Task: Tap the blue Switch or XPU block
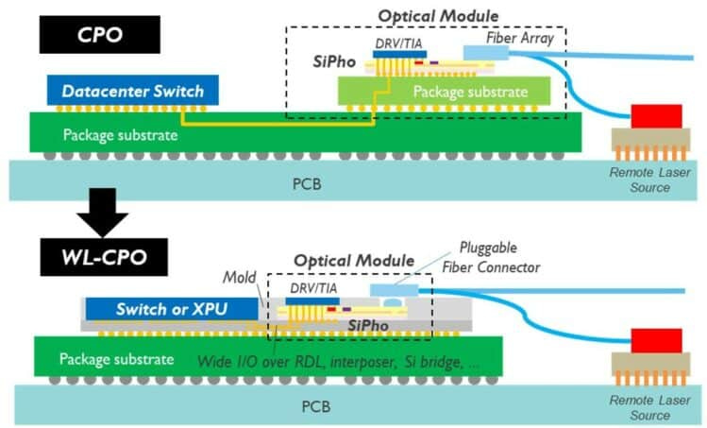click(x=171, y=309)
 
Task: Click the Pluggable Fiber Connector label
click(x=494, y=258)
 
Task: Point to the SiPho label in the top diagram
click(x=335, y=62)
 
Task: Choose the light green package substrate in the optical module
click(x=445, y=92)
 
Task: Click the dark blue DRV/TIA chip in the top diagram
click(x=399, y=54)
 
